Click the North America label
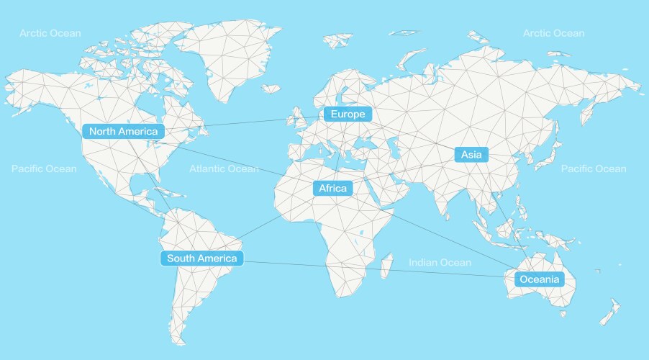(124, 131)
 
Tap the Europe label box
(348, 114)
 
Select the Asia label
(471, 154)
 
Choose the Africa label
(332, 189)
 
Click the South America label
(201, 258)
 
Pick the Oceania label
(539, 279)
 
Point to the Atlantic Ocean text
(224, 169)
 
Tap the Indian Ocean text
(440, 263)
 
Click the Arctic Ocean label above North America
(50, 33)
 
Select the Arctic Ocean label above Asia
(553, 33)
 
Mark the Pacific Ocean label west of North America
(44, 169)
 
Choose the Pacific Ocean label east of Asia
(594, 169)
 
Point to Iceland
(271, 89)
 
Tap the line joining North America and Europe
(245, 123)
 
